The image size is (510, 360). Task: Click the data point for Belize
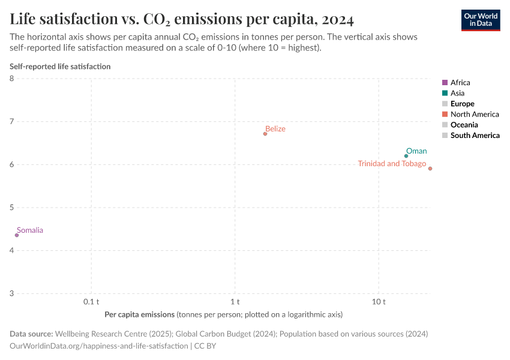pos(265,134)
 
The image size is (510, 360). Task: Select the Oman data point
pos(406,156)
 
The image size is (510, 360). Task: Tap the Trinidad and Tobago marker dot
pos(430,169)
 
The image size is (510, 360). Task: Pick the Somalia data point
pos(17,235)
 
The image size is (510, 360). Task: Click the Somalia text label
pos(30,230)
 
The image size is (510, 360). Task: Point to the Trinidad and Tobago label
pos(392,164)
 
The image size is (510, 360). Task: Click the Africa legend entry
pos(460,82)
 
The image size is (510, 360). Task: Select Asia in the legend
pos(457,93)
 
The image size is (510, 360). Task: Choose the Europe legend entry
pos(462,104)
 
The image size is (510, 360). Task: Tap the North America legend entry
pos(475,114)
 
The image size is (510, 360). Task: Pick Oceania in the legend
pos(464,125)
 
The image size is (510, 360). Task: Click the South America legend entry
pos(475,136)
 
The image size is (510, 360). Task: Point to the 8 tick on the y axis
pos(12,79)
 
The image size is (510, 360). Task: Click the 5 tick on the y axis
pos(12,208)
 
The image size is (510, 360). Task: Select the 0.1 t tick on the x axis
pos(91,301)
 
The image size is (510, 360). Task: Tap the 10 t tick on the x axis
pos(379,301)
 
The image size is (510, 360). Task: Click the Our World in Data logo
pos(481,20)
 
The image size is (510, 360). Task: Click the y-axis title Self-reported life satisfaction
pos(60,67)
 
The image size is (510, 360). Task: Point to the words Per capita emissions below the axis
pos(140,314)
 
